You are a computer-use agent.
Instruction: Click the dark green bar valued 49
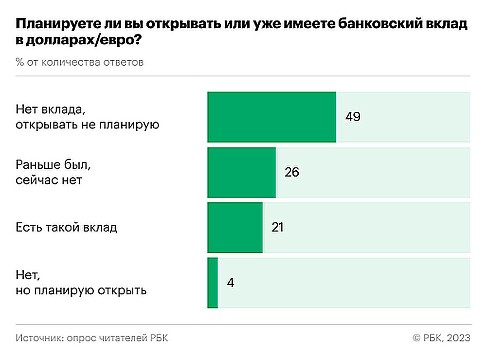pos(271,117)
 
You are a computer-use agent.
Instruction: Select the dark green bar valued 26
pos(241,172)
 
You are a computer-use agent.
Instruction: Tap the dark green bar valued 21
pos(235,227)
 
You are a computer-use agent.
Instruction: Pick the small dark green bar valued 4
pos(213,283)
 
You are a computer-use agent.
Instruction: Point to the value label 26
pos(291,173)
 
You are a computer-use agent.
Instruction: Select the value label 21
pos(277,228)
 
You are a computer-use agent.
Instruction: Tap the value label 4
pos(231,283)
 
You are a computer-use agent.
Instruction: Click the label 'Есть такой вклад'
pos(66,227)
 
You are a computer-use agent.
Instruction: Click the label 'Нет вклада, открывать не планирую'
pos(88,117)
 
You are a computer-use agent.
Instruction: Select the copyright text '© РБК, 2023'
pos(441,338)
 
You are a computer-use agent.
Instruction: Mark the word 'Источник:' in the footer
pos(37,338)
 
